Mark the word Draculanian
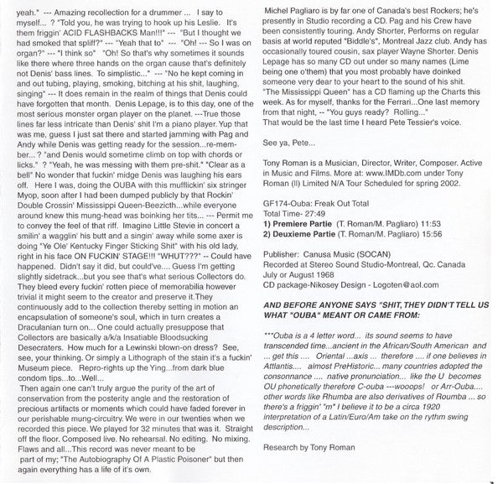48,327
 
